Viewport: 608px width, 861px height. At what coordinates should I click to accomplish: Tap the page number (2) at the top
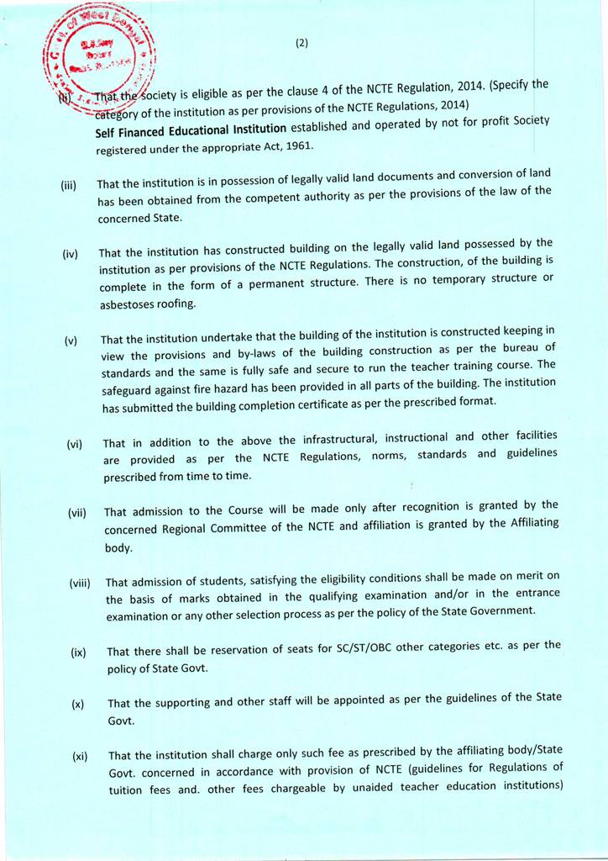click(303, 45)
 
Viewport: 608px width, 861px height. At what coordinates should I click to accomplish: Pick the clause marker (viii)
click(81, 583)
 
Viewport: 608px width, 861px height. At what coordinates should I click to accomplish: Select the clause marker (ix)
click(79, 652)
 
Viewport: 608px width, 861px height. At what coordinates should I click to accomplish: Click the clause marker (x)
click(78, 705)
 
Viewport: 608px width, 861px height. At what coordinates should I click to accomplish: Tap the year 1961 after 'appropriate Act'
click(300, 145)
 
